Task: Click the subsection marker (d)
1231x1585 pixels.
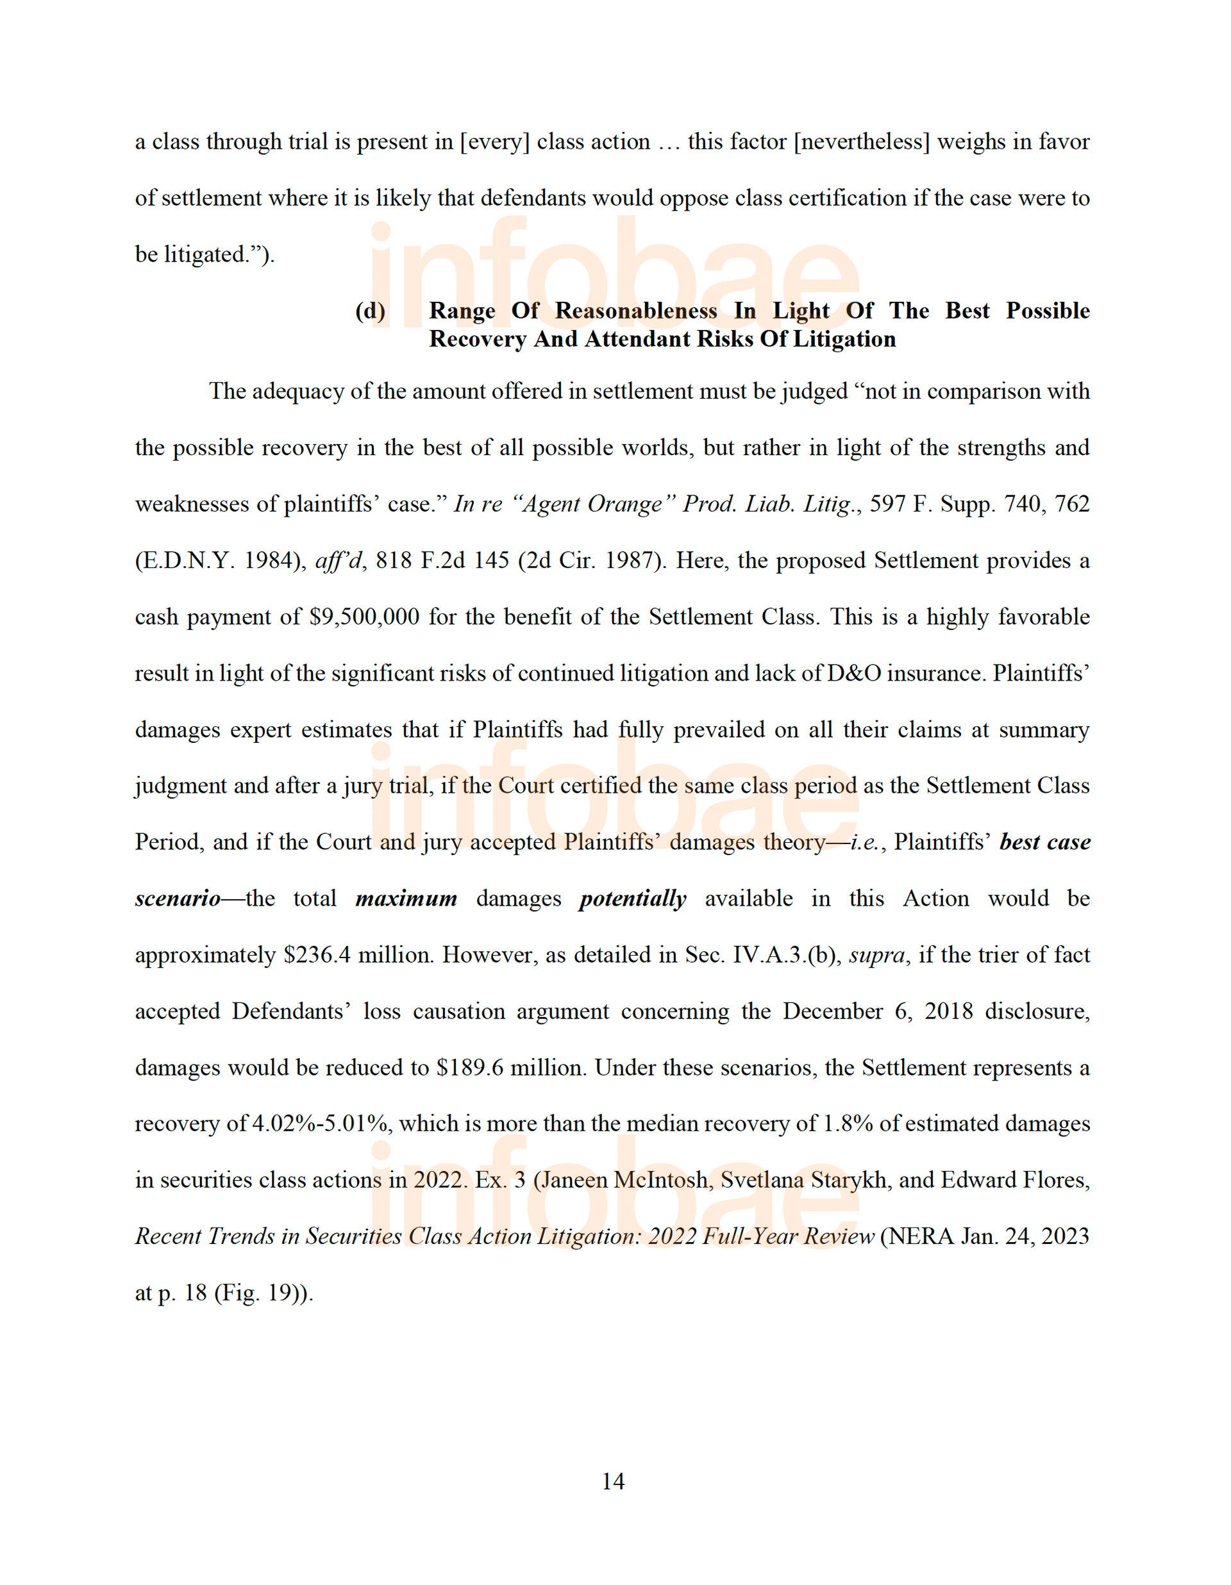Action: pos(370,311)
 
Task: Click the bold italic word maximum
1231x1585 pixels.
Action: pos(406,899)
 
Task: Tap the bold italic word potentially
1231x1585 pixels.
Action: pos(632,899)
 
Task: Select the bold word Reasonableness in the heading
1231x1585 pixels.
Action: pos(636,311)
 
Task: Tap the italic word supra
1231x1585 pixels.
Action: pos(877,955)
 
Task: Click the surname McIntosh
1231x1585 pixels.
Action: pos(660,1180)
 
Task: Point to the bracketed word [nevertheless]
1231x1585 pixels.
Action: pos(862,142)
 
